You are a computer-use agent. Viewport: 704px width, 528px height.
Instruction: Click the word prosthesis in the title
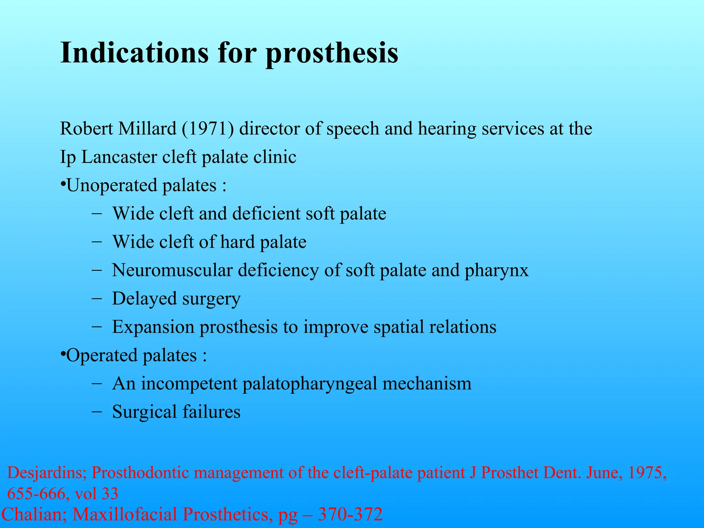(x=332, y=53)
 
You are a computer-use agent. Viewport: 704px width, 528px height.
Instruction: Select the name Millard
(x=147, y=129)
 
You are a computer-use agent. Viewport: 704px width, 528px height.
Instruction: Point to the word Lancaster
(x=119, y=157)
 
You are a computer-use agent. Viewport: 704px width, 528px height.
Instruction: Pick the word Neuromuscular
(x=172, y=270)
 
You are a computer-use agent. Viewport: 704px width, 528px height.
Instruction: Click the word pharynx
(x=496, y=270)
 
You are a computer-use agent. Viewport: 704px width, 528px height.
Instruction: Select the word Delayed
(x=144, y=298)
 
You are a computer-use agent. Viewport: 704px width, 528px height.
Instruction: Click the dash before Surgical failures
(x=97, y=411)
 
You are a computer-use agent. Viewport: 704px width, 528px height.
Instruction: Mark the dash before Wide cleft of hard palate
(x=97, y=242)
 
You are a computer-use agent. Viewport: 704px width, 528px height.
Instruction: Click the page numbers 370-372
(x=350, y=515)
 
